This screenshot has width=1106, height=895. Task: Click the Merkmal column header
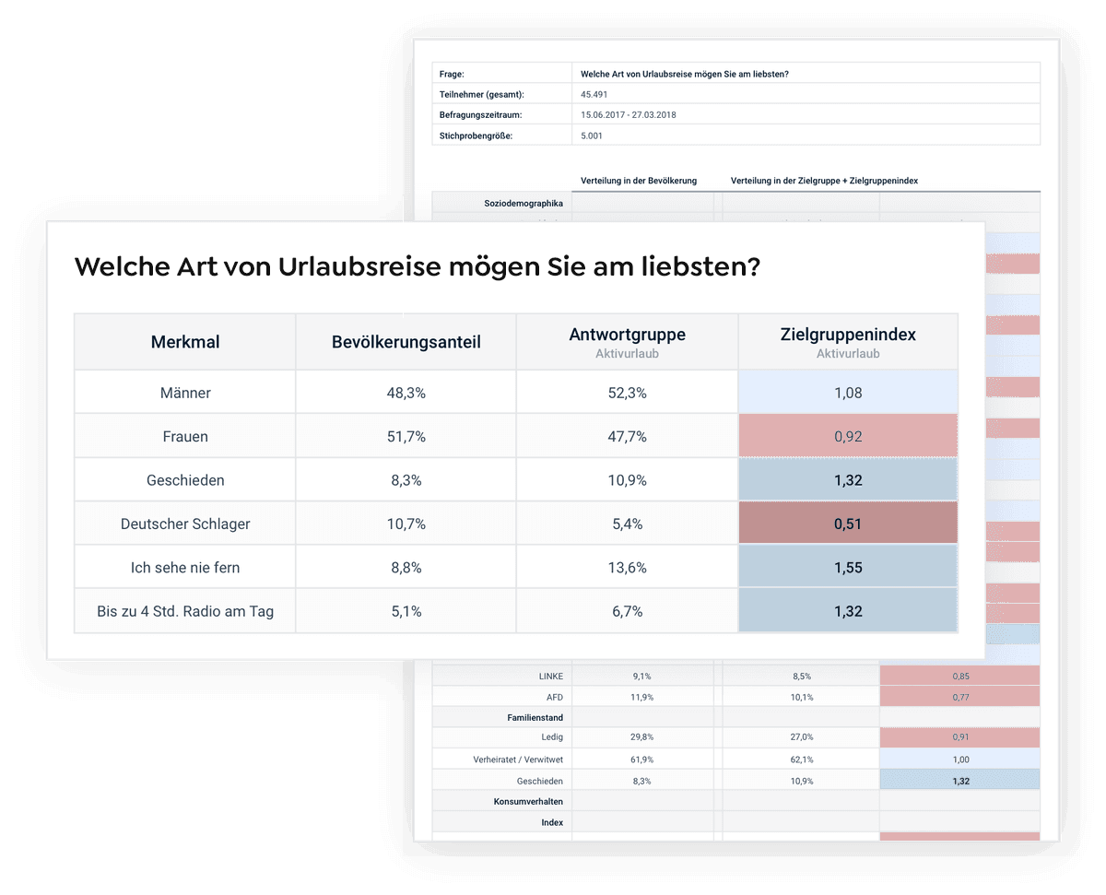pos(185,342)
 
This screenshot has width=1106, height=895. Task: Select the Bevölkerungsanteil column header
pos(406,342)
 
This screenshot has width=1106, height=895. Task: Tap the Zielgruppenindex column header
pos(847,336)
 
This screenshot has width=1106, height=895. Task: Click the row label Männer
pos(185,393)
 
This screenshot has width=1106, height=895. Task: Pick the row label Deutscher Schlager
pos(185,524)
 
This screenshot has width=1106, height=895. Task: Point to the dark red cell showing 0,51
pos(847,524)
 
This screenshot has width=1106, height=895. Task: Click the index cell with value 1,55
pos(847,568)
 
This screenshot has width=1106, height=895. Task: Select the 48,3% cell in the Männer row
pos(406,393)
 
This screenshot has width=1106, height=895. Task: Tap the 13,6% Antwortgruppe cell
pos(627,568)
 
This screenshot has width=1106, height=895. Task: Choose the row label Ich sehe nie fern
pos(185,568)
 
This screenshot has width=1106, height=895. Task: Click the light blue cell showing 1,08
pos(847,393)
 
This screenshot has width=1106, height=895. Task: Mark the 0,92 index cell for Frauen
pos(847,437)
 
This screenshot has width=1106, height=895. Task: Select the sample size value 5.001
pos(593,135)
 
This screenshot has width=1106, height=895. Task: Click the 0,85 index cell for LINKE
pos(960,676)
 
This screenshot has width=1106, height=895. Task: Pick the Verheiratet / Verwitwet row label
pos(518,760)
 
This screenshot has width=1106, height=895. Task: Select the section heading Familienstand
pos(535,717)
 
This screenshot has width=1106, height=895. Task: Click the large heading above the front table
pos(418,267)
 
